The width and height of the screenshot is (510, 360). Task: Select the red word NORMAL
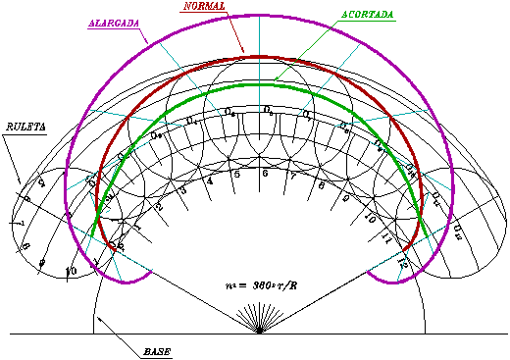coord(204,7)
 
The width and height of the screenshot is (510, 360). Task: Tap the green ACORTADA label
coord(367,16)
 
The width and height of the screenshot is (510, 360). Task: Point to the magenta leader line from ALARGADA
coord(143,36)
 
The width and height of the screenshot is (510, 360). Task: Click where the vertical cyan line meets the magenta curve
coord(259,15)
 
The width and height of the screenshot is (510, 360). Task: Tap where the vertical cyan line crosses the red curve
coord(259,57)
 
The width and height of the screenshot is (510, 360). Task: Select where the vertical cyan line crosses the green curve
coord(259,84)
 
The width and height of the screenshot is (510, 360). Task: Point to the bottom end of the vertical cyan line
coord(259,112)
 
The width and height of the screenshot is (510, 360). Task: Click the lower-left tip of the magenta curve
coord(152,271)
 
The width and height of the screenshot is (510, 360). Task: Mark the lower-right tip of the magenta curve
coord(368,272)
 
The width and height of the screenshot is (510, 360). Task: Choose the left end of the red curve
coord(116,251)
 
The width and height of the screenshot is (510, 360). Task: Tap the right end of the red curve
coord(404,250)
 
